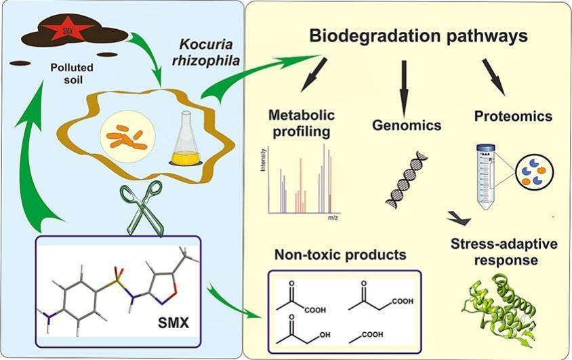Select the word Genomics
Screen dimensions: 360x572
(407, 125)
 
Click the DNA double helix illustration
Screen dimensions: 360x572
(405, 178)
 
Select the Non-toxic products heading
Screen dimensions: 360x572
(340, 256)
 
